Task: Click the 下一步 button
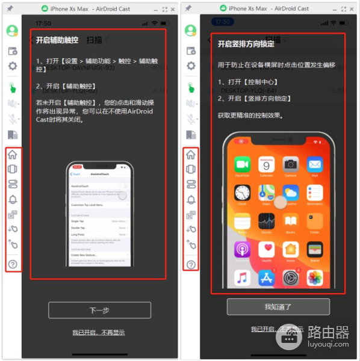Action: click(99, 310)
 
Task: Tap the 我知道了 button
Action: click(278, 306)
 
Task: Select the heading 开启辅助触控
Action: click(58, 40)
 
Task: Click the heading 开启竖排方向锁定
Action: click(246, 44)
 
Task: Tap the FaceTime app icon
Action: click(243, 165)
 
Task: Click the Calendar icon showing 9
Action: click(267, 165)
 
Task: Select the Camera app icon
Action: click(291, 165)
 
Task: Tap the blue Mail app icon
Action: click(315, 165)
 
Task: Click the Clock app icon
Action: click(243, 193)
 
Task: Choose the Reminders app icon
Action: click(315, 193)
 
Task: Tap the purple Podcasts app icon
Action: click(243, 249)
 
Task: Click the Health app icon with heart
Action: click(267, 249)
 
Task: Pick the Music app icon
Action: click(243, 278)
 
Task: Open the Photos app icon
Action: click(315, 278)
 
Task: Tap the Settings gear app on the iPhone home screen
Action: click(291, 278)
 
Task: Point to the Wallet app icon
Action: click(315, 249)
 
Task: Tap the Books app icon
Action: click(291, 221)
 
